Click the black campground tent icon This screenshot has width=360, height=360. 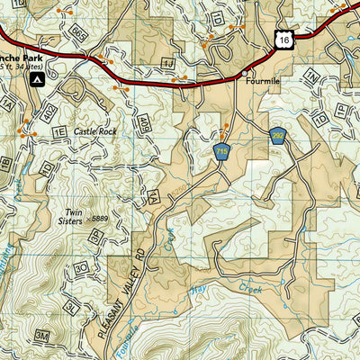click(x=37, y=80)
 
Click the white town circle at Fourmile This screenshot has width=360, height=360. click(x=244, y=73)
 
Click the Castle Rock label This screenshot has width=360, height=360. click(x=96, y=131)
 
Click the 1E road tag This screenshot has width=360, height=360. click(x=60, y=132)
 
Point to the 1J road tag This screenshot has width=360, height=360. click(x=166, y=64)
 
